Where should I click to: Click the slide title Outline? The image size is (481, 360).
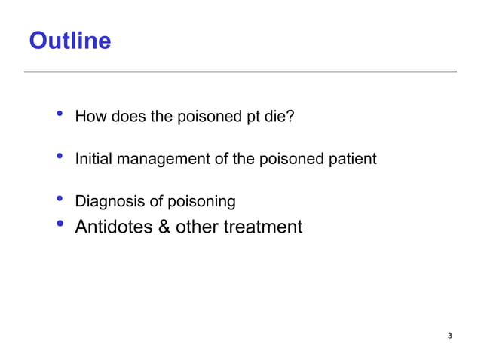point(69,41)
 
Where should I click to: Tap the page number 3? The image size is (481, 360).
point(449,335)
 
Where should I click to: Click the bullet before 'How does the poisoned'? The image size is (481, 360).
point(59,115)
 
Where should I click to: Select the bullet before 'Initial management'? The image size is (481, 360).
point(59,158)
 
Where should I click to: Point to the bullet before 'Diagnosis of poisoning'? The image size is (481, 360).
point(59,200)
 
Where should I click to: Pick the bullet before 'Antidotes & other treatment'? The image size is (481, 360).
point(59,225)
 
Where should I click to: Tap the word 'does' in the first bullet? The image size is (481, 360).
point(124,117)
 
